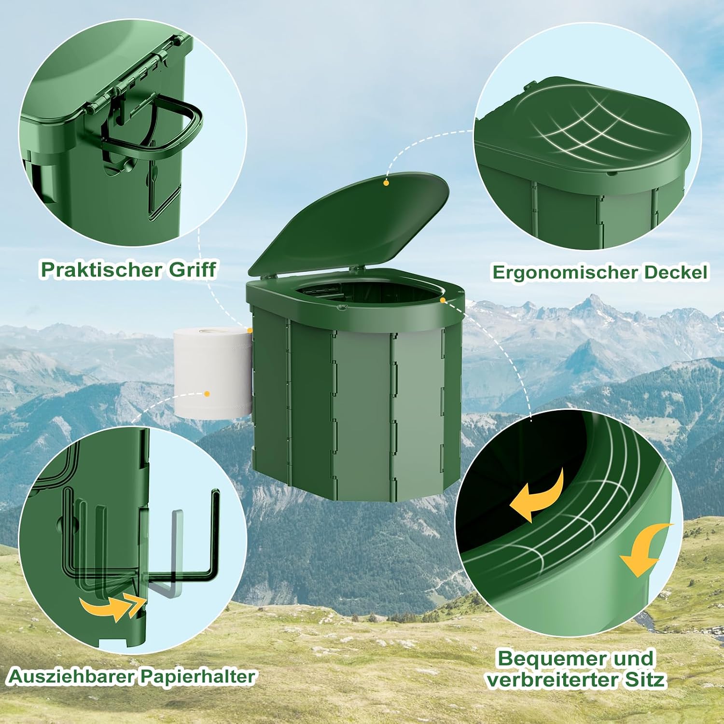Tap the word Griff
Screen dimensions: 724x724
click(x=192, y=269)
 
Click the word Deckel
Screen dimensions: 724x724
click(x=675, y=272)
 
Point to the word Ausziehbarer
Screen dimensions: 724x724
click(x=71, y=677)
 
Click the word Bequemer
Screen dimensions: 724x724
click(x=546, y=659)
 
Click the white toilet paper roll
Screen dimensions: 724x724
click(x=213, y=372)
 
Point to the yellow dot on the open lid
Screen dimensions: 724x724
click(x=386, y=183)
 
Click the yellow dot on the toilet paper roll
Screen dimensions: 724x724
click(x=207, y=394)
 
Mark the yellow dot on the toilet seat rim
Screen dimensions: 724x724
click(x=443, y=300)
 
